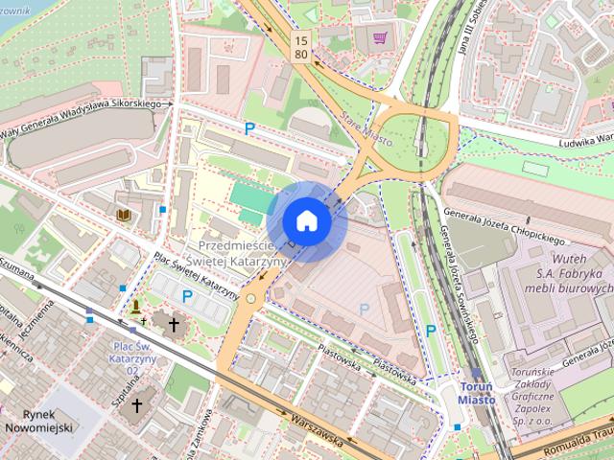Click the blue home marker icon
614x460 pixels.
point(306,220)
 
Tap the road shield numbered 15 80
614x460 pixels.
point(302,47)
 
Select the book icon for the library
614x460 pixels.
point(123,215)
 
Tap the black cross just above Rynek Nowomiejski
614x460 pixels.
point(135,405)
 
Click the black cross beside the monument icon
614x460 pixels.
point(173,325)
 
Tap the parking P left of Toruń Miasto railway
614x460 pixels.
point(431,330)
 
